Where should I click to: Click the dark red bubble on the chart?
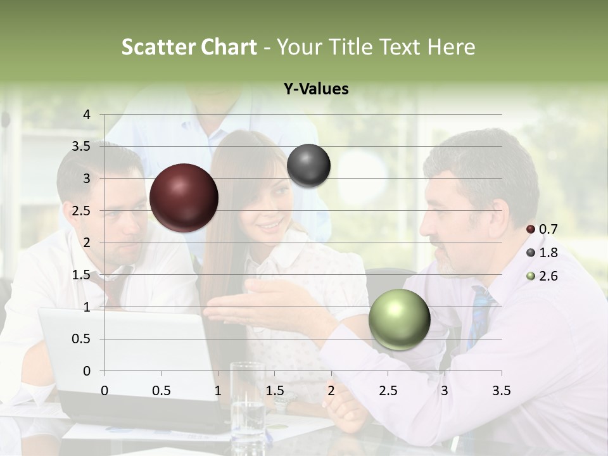pyautogui.click(x=184, y=198)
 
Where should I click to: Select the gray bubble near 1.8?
pyautogui.click(x=308, y=166)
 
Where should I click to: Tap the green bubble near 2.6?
pyautogui.click(x=400, y=319)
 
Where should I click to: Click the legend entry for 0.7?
pyautogui.click(x=542, y=229)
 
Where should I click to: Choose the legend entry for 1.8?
pyautogui.click(x=542, y=253)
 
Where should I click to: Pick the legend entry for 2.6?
pyautogui.click(x=542, y=276)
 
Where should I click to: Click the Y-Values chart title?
pyautogui.click(x=316, y=89)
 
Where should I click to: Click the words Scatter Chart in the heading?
pyautogui.click(x=189, y=47)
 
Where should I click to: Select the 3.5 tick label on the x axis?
pyautogui.click(x=501, y=391)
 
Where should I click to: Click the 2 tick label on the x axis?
pyautogui.click(x=331, y=391)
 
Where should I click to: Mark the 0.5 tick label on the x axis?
pyautogui.click(x=161, y=391)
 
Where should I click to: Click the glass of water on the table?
pyautogui.click(x=248, y=399)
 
